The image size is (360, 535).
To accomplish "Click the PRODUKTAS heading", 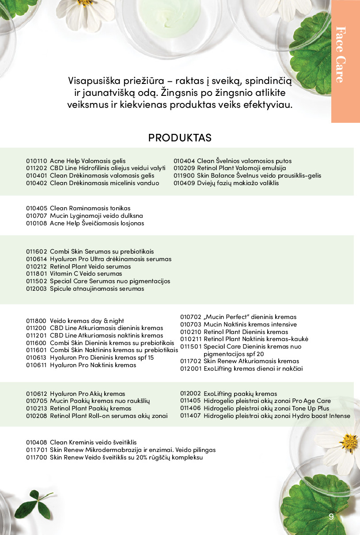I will click(x=180, y=137).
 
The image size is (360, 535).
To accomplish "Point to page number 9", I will click(x=331, y=517).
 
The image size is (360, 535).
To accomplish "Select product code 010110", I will click(x=36, y=161).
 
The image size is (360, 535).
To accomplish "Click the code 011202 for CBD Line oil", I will click(x=36, y=168).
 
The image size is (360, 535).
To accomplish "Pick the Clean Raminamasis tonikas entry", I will click(x=90, y=208).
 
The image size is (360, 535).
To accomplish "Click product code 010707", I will click(x=36, y=216).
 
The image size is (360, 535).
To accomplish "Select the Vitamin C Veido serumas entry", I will click(x=86, y=273).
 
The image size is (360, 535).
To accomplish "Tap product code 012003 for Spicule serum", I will click(x=36, y=288).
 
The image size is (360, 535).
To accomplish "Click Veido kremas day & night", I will click(x=87, y=321).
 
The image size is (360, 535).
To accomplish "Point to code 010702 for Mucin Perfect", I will click(x=190, y=317).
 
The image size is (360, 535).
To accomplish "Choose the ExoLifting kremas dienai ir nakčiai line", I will click(x=253, y=368).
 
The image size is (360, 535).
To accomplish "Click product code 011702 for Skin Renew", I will click(x=190, y=361).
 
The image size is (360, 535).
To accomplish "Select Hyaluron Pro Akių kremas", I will click(x=87, y=394).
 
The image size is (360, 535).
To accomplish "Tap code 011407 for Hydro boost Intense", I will click(x=190, y=416).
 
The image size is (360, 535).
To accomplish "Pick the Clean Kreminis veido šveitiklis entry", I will click(x=93, y=442).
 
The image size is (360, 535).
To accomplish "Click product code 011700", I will click(x=36, y=457).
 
